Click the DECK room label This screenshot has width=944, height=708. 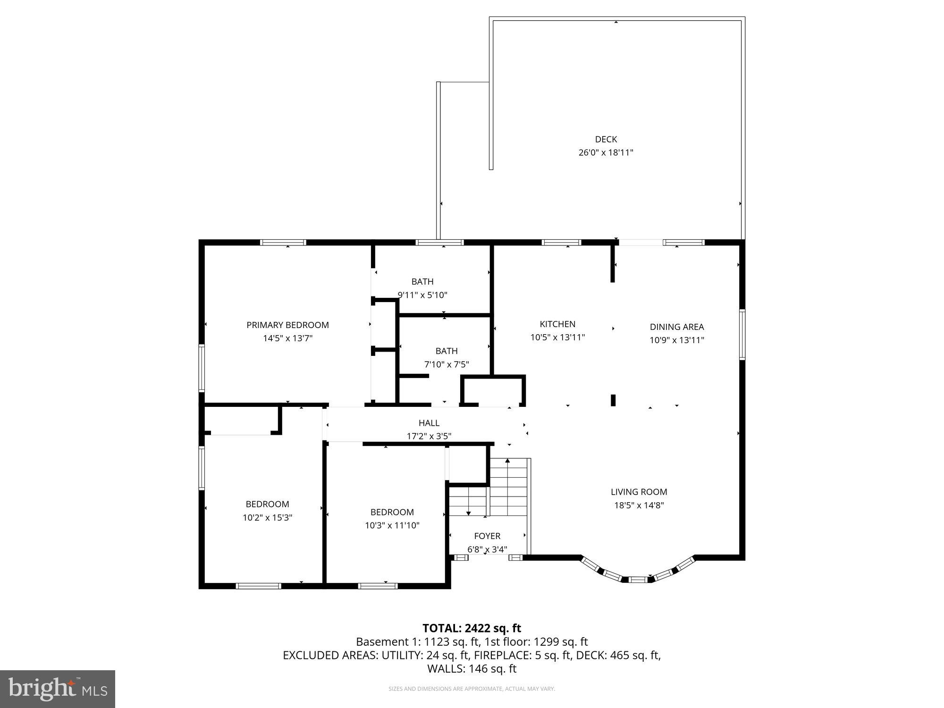tap(606, 139)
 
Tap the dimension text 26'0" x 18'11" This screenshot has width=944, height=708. tap(606, 152)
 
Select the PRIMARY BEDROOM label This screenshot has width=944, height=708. tap(287, 325)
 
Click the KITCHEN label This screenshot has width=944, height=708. tap(557, 324)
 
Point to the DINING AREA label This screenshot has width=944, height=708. tap(676, 327)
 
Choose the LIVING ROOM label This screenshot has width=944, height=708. tap(639, 492)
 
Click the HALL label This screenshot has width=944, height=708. tap(429, 423)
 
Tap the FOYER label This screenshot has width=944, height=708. tap(487, 536)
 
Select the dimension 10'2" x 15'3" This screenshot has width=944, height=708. tap(267, 517)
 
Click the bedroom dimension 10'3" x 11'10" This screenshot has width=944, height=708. tap(392, 525)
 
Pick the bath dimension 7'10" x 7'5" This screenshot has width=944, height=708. tap(446, 364)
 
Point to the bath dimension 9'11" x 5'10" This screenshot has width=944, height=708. tap(422, 295)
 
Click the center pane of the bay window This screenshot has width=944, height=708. tap(638, 579)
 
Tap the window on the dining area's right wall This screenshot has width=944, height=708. tap(742, 334)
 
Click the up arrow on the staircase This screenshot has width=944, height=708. tap(507, 461)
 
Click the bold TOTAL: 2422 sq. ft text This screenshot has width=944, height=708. tap(472, 628)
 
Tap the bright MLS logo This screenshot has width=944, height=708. tap(58, 690)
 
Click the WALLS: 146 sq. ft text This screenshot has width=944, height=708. tap(472, 668)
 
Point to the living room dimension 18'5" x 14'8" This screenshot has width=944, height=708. tap(639, 505)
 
